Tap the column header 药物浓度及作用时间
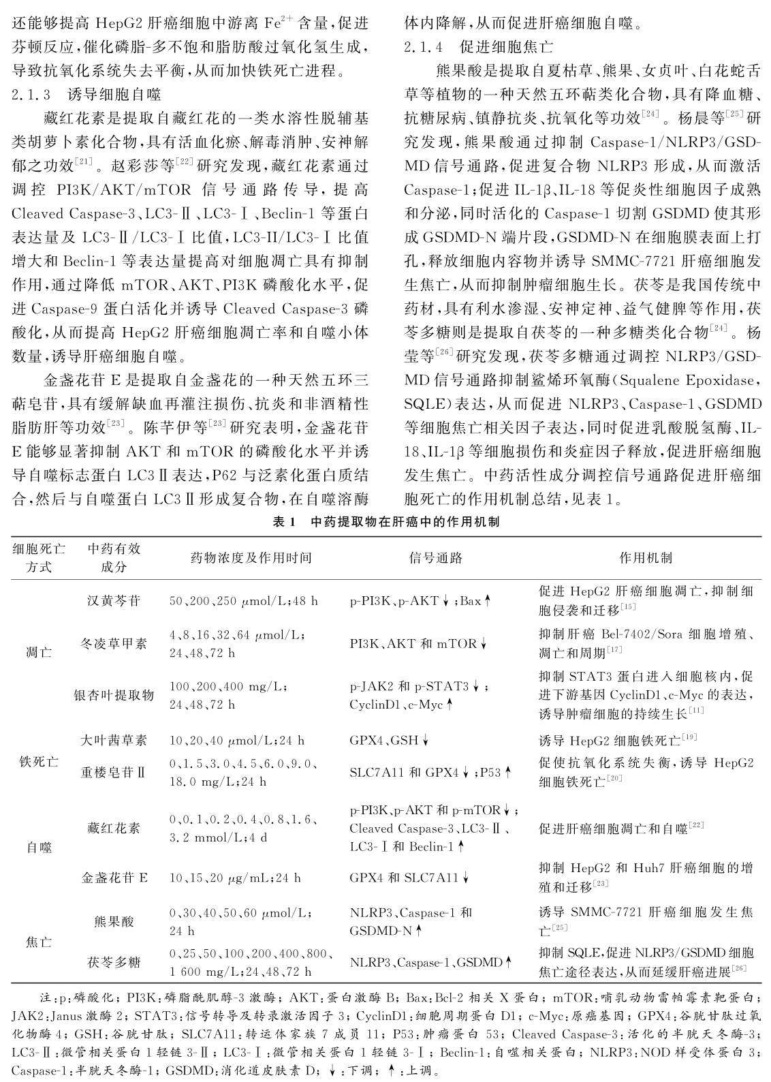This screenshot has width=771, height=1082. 251,557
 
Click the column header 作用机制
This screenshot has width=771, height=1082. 645,557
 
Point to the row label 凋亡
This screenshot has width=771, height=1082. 38,652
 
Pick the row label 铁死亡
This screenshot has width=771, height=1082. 38,761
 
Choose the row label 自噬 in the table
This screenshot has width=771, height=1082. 38,848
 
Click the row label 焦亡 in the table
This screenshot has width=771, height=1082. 38,942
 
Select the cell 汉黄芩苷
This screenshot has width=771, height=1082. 114,601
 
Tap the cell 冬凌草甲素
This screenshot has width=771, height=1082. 114,643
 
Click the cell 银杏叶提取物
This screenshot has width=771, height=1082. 114,695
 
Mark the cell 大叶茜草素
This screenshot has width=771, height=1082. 114,740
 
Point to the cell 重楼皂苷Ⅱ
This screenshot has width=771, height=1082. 114,773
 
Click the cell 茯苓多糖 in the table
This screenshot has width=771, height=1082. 114,962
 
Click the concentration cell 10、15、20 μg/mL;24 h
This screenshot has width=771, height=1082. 235,878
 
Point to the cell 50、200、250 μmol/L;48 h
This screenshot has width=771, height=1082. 243,601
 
